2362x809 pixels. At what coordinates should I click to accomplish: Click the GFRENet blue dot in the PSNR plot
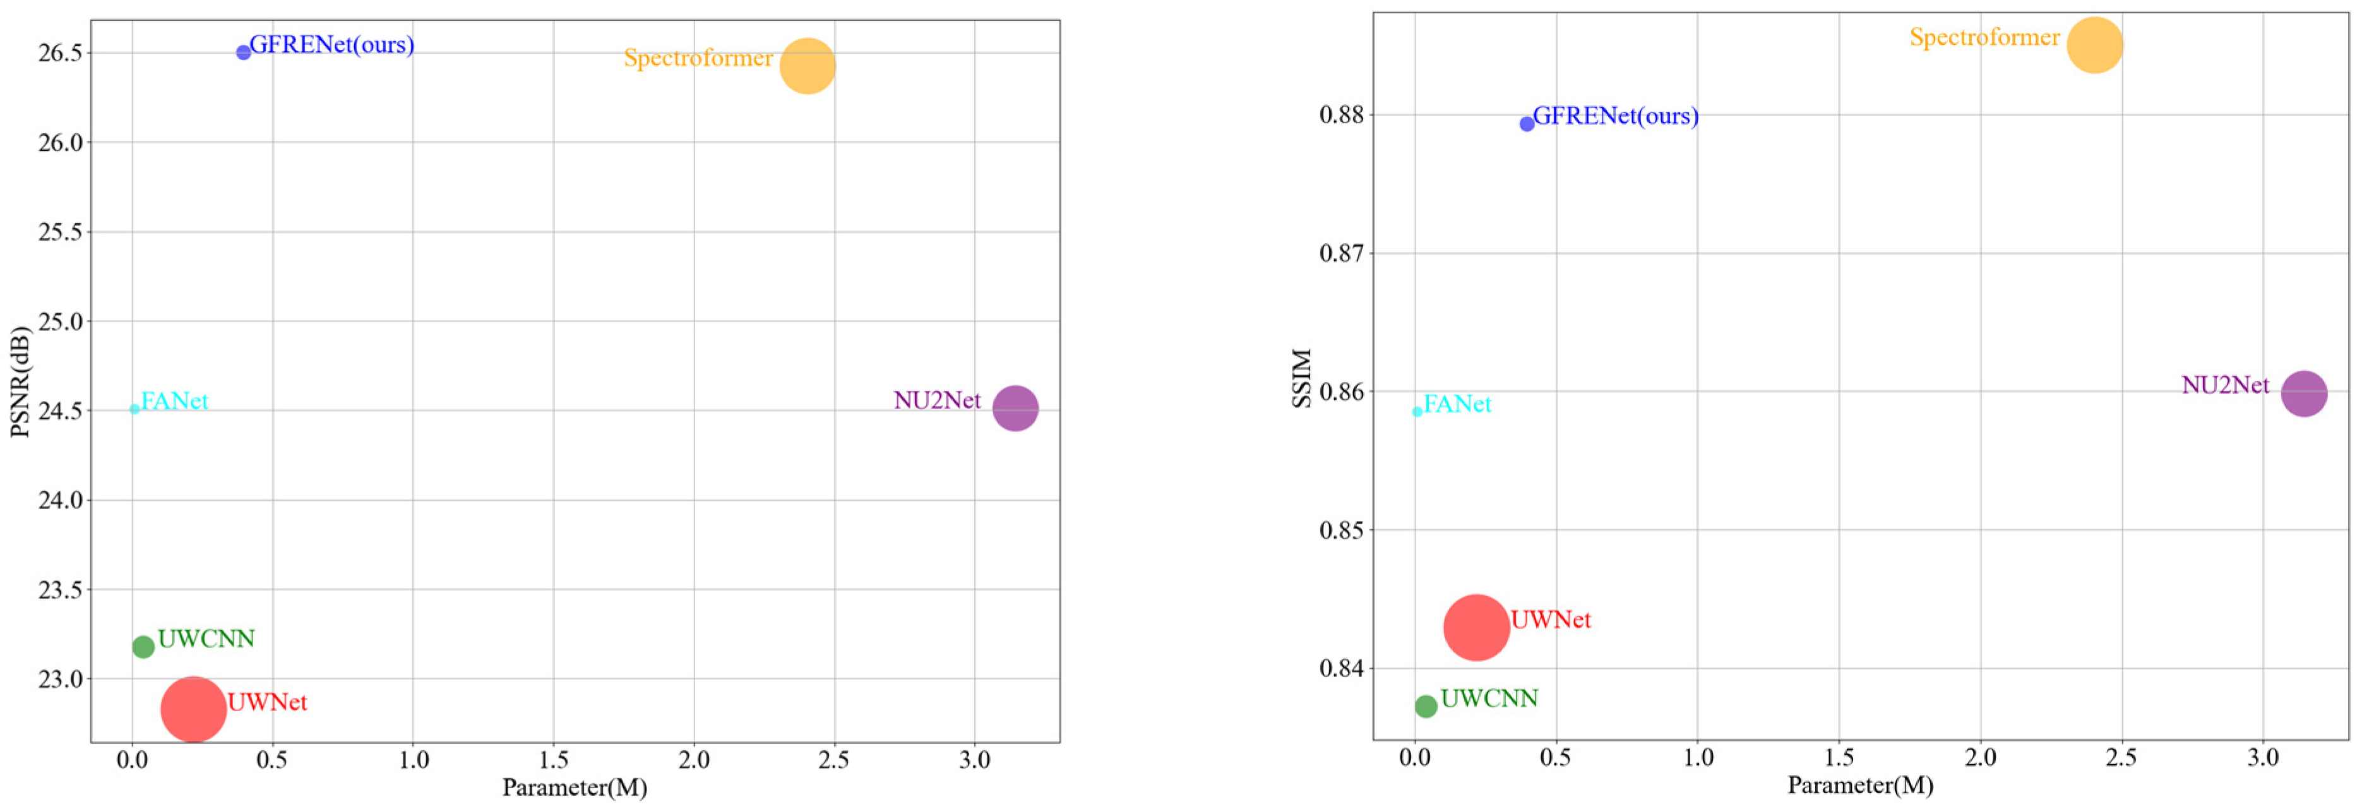pyautogui.click(x=243, y=52)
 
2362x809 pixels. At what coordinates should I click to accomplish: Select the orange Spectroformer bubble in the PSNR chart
pyautogui.click(x=807, y=66)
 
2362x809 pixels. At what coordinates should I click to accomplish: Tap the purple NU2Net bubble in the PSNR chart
pyautogui.click(x=1015, y=407)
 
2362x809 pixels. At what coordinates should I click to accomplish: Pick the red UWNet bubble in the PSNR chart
pyautogui.click(x=193, y=709)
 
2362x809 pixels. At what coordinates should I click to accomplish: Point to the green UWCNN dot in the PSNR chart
pyautogui.click(x=143, y=647)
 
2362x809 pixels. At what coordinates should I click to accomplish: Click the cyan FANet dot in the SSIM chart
pyautogui.click(x=1417, y=412)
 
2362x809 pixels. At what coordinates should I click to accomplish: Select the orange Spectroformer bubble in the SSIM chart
pyautogui.click(x=2094, y=45)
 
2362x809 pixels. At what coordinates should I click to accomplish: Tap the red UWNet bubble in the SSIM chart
pyautogui.click(x=1476, y=627)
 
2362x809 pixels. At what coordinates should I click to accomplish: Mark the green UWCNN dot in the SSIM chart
pyautogui.click(x=1426, y=706)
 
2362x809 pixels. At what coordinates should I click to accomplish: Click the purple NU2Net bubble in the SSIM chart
pyautogui.click(x=2303, y=393)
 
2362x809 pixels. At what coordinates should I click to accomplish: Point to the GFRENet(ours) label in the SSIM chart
pyautogui.click(x=1616, y=116)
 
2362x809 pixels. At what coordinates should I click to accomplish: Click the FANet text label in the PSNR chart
pyautogui.click(x=174, y=401)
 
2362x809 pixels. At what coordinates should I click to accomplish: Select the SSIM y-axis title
pyautogui.click(x=1302, y=378)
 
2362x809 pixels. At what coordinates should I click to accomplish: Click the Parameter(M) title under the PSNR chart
pyautogui.click(x=575, y=787)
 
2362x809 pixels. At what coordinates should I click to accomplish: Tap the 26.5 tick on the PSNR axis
pyautogui.click(x=59, y=53)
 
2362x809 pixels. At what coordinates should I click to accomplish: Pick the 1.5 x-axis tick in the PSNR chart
pyautogui.click(x=553, y=760)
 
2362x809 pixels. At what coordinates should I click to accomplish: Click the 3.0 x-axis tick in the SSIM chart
pyautogui.click(x=2262, y=758)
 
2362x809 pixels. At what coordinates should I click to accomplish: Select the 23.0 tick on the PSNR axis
pyautogui.click(x=59, y=680)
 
